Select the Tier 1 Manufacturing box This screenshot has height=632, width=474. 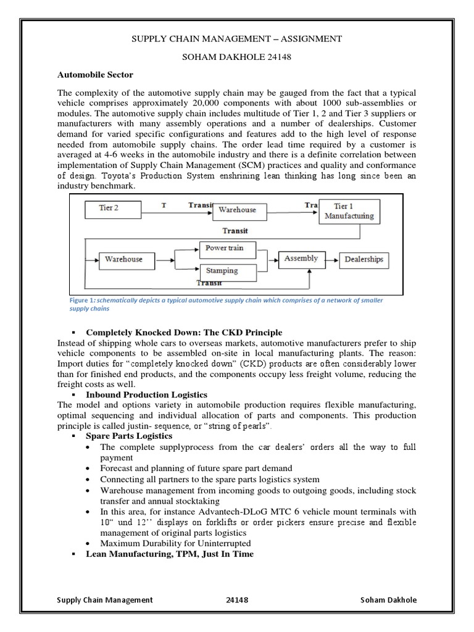(349, 210)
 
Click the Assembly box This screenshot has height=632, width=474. (301, 259)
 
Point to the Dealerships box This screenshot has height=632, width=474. (365, 259)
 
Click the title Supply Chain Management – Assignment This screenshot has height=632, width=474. (237, 39)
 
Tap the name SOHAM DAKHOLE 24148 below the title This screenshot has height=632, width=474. (237, 56)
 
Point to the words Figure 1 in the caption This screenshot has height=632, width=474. (81, 300)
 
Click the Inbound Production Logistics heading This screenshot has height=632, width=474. (146, 394)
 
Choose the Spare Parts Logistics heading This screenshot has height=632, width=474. (129, 436)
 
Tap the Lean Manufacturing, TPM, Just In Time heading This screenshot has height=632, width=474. (170, 554)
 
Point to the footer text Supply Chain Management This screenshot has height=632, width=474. (104, 600)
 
